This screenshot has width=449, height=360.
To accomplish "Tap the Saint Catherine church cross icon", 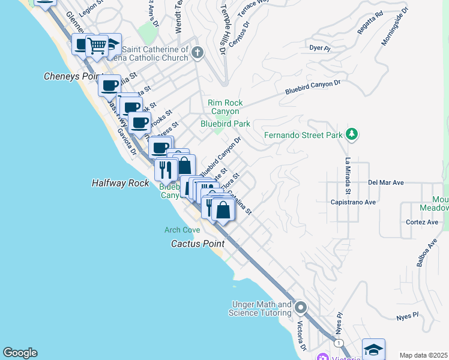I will [197, 53].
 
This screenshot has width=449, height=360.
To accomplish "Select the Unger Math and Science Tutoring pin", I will [301, 308].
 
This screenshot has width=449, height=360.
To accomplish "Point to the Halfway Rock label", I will [120, 183].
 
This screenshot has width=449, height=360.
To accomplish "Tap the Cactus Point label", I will [197, 244].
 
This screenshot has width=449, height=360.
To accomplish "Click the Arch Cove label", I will [182, 230].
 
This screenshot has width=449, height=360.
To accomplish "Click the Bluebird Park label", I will [225, 124].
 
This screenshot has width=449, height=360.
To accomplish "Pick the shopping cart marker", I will [97, 46].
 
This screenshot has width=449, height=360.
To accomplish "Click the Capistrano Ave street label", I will [353, 202].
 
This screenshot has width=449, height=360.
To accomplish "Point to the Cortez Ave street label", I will [422, 222].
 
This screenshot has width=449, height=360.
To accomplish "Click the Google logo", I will [20, 353].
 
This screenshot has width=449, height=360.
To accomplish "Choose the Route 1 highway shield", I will [340, 343].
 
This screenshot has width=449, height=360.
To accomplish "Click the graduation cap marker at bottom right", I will [373, 349].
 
